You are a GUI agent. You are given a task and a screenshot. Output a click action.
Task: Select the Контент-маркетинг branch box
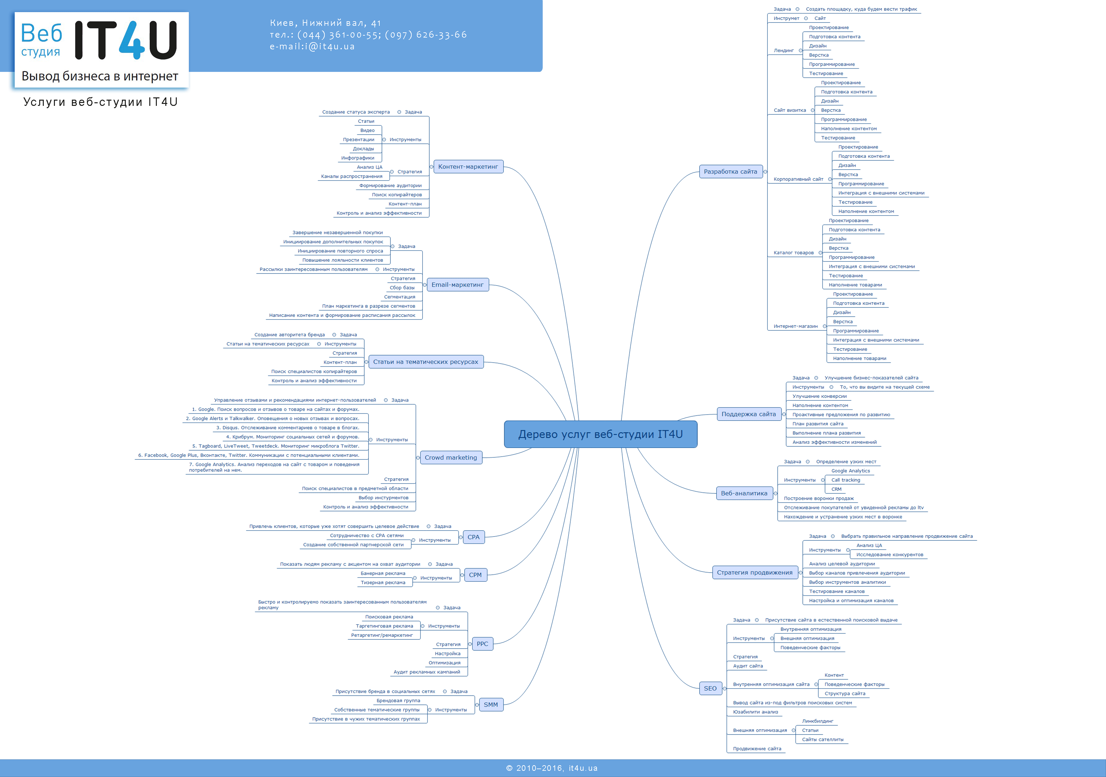pos(468,167)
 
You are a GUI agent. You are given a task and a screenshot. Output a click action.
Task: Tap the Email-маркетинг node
pos(457,285)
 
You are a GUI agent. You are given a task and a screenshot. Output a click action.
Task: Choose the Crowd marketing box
pos(450,458)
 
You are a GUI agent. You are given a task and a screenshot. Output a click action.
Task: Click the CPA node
pos(473,537)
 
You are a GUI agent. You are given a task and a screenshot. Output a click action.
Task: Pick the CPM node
pos(475,575)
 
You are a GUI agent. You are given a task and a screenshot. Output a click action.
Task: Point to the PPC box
pos(482,644)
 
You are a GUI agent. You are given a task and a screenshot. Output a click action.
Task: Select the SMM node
pos(490,705)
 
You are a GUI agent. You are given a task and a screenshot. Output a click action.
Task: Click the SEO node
pos(710,688)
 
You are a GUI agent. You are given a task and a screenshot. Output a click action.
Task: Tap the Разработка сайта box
pos(730,172)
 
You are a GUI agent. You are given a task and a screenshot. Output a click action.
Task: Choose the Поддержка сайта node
pos(749,414)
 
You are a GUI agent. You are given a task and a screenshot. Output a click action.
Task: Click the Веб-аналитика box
pos(744,493)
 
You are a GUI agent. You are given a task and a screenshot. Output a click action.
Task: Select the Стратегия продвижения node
pos(754,573)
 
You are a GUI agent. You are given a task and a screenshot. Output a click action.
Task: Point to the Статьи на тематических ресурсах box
pos(425,362)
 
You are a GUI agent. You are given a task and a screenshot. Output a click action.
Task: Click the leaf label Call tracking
pos(845,480)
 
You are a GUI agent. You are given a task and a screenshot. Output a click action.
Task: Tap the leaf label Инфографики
pos(357,158)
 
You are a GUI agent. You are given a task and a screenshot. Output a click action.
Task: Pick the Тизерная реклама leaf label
pos(383,583)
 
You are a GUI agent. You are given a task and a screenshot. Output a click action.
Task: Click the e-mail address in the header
pos(312,47)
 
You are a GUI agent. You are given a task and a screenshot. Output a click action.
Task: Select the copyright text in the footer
pos(552,768)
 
